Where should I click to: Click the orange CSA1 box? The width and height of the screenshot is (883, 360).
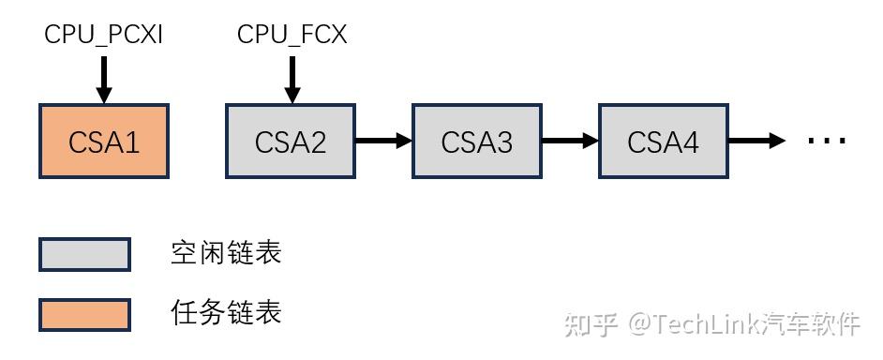(104, 142)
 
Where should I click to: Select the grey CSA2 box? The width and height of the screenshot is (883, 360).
(291, 142)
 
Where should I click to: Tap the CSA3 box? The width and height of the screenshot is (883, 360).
(477, 142)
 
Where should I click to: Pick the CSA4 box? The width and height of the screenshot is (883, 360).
(664, 142)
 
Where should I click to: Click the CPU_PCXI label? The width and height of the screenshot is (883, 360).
(104, 36)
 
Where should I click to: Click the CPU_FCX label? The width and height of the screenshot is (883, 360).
(292, 36)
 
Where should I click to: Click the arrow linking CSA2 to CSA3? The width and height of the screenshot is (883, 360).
(383, 142)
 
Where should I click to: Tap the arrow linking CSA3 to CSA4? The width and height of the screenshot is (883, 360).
(570, 142)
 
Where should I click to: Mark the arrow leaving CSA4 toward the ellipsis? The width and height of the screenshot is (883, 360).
(756, 142)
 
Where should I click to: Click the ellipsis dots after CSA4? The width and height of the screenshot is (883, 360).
(827, 142)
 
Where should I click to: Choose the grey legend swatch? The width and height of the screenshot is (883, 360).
(84, 254)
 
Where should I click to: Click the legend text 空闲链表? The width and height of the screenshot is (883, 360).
(226, 253)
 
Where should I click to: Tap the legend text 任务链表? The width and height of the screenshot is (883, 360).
(226, 312)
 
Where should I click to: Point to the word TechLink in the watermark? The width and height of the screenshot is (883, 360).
(705, 324)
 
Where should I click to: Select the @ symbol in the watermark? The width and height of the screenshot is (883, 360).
(639, 324)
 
